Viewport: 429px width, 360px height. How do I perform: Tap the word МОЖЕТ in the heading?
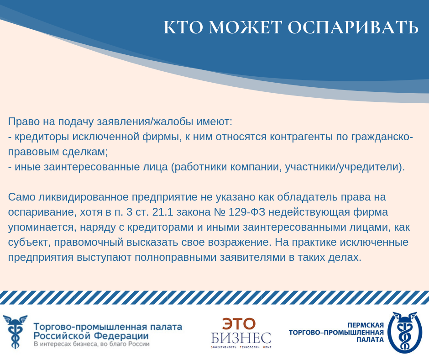pyautogui.click(x=245, y=27)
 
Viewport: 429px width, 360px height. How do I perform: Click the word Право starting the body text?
pyautogui.click(x=24, y=122)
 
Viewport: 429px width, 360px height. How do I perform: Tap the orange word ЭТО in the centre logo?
pyautogui.click(x=239, y=324)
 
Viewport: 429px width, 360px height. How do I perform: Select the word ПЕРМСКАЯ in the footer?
pyautogui.click(x=366, y=325)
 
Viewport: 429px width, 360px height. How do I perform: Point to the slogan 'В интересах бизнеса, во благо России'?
pyautogui.click(x=92, y=344)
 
